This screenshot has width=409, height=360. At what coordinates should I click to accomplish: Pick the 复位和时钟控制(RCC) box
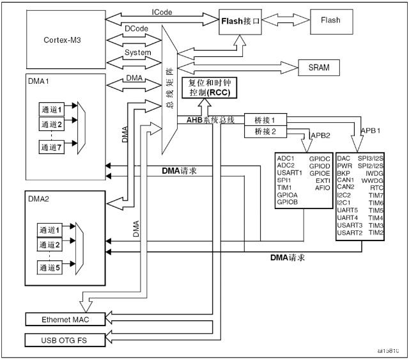tap(208, 89)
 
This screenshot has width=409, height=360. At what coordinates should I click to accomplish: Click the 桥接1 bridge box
tap(265, 120)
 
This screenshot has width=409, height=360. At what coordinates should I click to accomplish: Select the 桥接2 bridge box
tap(265, 132)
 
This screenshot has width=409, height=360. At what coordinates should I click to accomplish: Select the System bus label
tap(137, 52)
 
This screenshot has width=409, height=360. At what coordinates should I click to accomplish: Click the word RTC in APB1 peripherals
tap(376, 187)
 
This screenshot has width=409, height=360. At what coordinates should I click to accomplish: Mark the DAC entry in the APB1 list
tap(343, 157)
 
